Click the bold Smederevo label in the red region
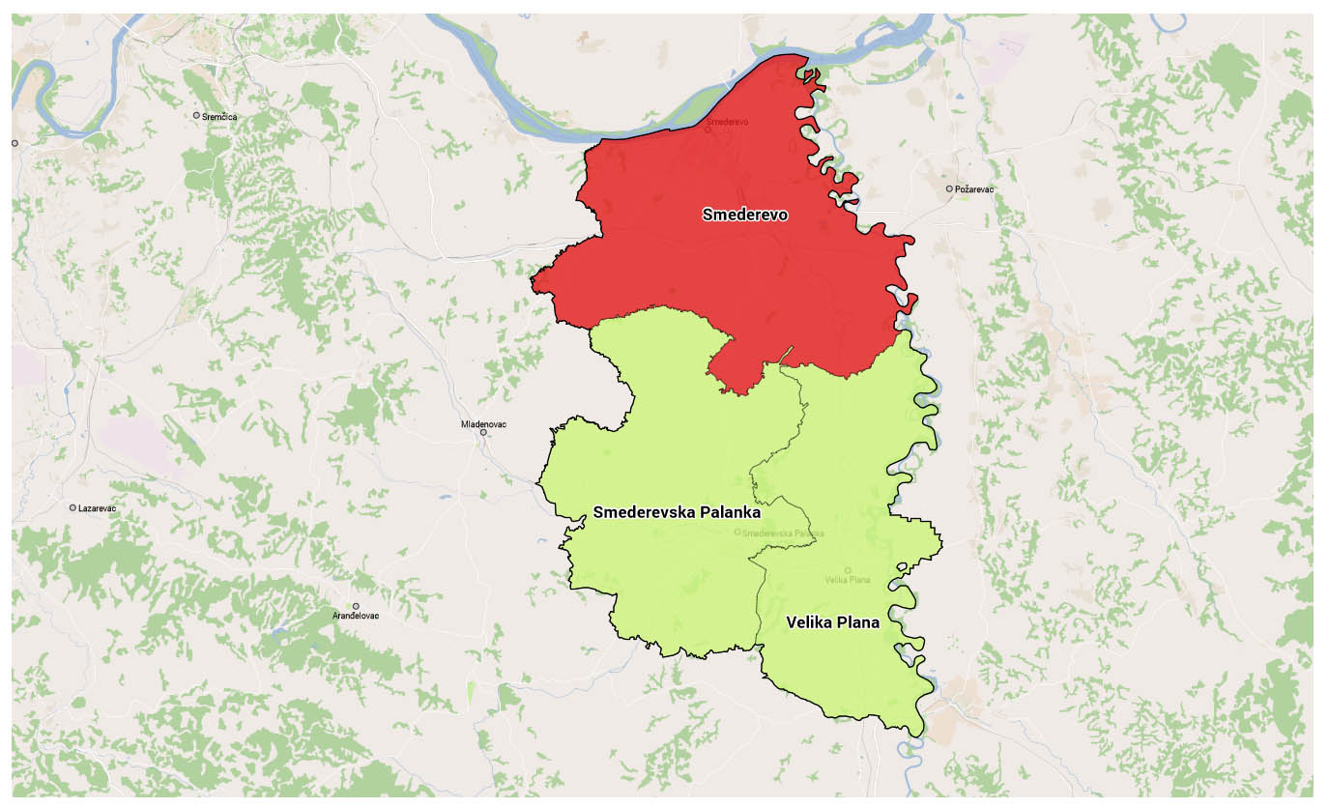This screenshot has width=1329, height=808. tap(745, 215)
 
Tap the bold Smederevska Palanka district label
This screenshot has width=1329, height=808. tap(677, 512)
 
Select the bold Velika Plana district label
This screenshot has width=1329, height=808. tap(832, 622)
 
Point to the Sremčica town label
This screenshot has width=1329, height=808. tap(219, 116)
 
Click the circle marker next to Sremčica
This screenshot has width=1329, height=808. tap(196, 115)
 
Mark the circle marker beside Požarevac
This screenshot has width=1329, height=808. tap(949, 188)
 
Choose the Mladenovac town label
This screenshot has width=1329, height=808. tap(483, 424)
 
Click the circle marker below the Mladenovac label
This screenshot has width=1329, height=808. tap(483, 433)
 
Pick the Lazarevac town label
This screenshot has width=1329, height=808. tap(98, 508)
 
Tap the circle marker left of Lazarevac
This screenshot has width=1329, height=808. tap(72, 507)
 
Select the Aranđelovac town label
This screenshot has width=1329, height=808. tap(356, 616)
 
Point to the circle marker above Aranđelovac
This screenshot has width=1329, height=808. tap(356, 606)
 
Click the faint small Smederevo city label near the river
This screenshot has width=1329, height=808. tap(726, 122)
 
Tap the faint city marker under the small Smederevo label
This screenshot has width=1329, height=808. tap(708, 130)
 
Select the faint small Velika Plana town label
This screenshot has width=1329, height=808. tap(848, 580)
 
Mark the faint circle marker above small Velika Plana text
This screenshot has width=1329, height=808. tap(848, 570)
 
